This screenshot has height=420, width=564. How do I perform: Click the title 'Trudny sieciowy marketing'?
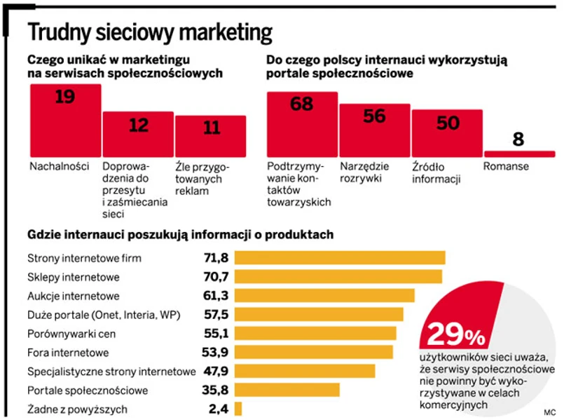(149, 32)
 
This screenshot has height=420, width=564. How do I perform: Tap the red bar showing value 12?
(138, 135)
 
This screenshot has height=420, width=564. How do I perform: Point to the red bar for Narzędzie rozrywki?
(374, 130)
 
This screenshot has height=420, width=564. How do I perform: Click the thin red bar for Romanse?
(519, 154)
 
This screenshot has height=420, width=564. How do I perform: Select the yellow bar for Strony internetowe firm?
(340, 258)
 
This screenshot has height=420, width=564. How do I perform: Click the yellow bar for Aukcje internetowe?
(324, 296)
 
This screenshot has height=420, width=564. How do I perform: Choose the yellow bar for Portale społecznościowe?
(287, 390)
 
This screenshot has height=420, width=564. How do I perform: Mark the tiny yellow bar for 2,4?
(238, 409)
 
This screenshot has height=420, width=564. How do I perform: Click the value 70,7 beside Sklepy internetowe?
(216, 277)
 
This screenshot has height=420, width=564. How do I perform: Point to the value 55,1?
(216, 333)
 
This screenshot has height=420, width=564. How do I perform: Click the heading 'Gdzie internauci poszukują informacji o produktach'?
(180, 234)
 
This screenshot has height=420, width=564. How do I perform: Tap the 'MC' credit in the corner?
(549, 412)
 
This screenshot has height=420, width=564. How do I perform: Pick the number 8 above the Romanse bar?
(518, 139)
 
